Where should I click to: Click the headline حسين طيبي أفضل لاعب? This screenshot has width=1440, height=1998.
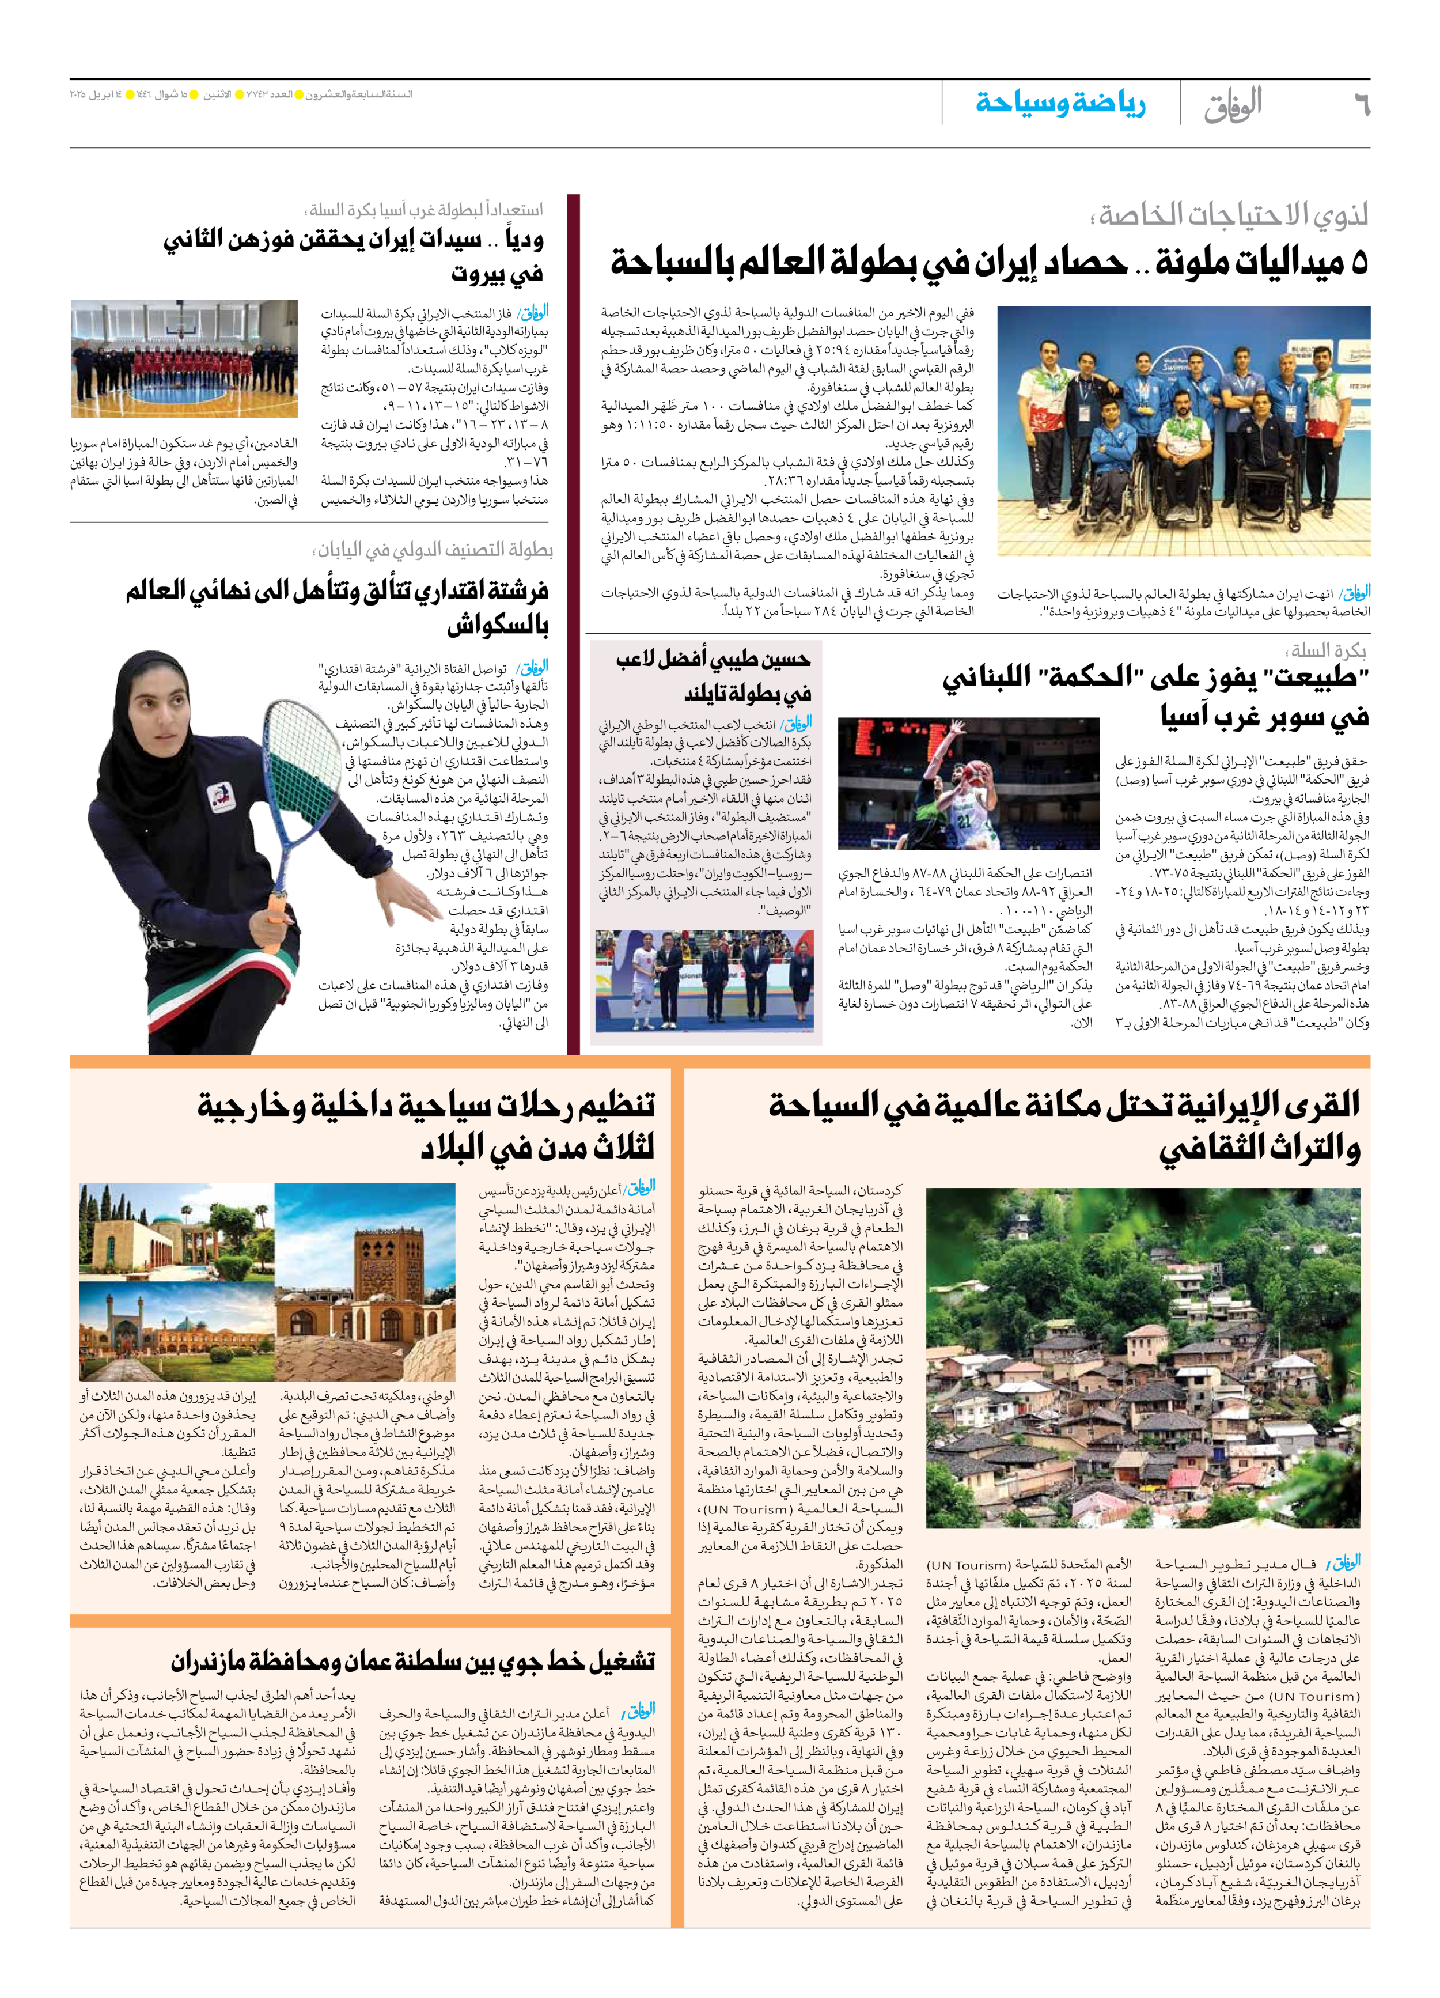[x=714, y=659]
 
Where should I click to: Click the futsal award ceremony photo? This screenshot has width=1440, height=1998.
[x=703, y=981]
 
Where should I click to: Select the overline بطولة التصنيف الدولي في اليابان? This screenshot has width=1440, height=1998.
[x=434, y=550]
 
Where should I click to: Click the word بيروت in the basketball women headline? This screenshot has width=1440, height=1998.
[x=498, y=273]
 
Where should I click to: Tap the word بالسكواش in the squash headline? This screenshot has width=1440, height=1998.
[x=498, y=626]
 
